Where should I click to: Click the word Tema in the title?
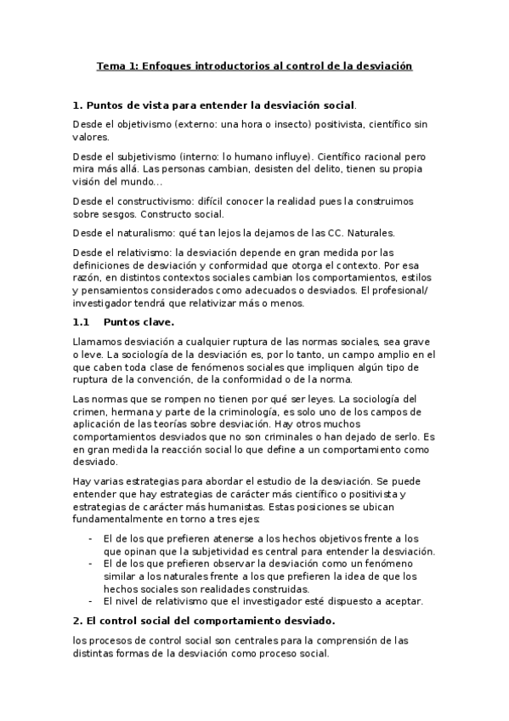click(110, 65)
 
